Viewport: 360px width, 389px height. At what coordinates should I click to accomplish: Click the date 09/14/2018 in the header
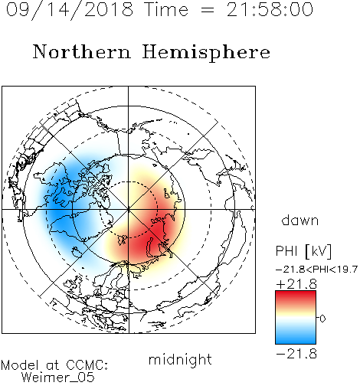click(x=70, y=10)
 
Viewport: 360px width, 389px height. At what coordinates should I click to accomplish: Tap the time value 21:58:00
click(x=270, y=9)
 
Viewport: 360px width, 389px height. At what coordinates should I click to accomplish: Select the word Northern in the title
click(x=82, y=52)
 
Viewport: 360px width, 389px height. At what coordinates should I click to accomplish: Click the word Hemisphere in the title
click(x=206, y=53)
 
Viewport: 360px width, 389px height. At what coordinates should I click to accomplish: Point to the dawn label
click(x=300, y=220)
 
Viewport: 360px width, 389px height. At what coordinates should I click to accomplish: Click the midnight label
click(x=180, y=359)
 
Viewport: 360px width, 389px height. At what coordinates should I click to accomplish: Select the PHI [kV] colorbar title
click(x=303, y=251)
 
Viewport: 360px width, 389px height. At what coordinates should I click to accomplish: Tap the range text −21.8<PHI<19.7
click(x=316, y=269)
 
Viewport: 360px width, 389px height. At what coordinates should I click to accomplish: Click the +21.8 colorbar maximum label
click(x=296, y=284)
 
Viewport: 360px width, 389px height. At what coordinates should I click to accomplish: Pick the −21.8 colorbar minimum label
click(x=296, y=354)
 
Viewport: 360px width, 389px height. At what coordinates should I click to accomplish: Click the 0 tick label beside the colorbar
click(x=322, y=319)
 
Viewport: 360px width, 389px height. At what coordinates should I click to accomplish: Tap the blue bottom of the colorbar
click(x=296, y=338)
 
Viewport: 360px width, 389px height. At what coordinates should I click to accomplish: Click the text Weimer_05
click(x=58, y=378)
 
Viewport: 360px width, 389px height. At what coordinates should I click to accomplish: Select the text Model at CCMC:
click(x=54, y=365)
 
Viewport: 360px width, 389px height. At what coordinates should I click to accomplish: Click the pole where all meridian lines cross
click(x=129, y=210)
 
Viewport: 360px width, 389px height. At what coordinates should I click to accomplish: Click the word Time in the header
click(x=166, y=9)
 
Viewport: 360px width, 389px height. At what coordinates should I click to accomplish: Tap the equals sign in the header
click(x=208, y=10)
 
